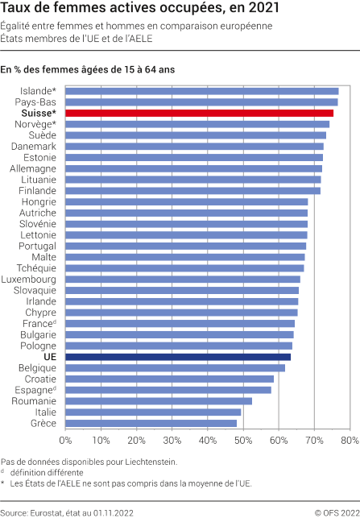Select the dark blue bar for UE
click(178, 356)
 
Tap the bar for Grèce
click(151, 422)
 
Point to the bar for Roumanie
click(159, 400)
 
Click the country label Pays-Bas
click(36, 102)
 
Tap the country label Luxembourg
click(29, 279)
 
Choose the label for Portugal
click(37, 246)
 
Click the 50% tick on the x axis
click(242, 441)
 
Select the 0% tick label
click(66, 441)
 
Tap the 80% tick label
click(348, 441)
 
